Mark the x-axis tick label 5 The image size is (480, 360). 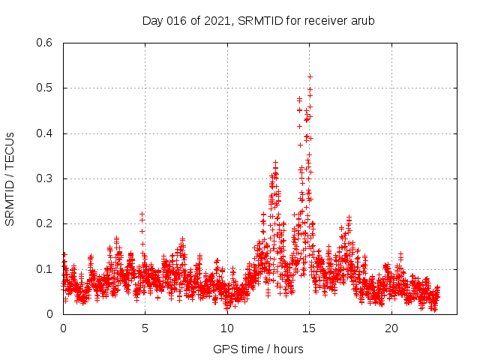point(145,328)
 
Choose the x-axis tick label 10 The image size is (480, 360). point(227,328)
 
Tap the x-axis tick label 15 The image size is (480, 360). point(309,328)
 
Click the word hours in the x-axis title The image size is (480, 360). point(288,349)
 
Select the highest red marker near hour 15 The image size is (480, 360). point(310,76)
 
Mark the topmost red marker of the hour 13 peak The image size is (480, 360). point(275,162)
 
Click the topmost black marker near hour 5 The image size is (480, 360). point(142,214)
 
